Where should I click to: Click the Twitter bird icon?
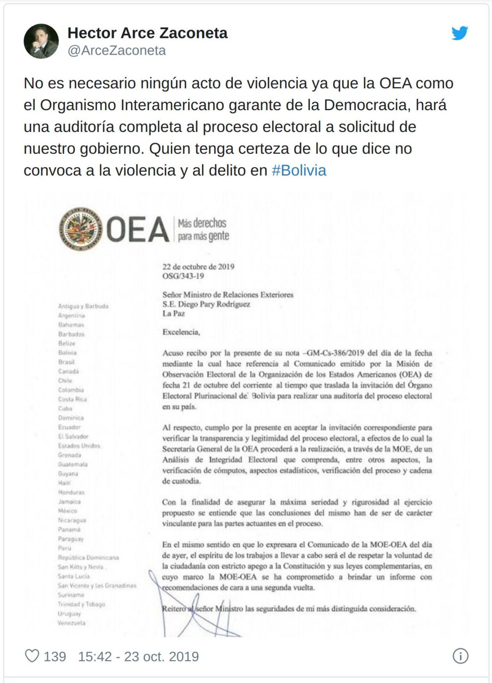[460, 33]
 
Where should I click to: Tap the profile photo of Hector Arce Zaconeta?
[41, 41]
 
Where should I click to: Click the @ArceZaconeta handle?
[117, 50]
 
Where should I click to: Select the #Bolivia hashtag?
[299, 170]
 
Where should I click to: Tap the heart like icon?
[32, 656]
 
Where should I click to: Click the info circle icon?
[460, 656]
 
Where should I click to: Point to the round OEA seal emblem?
[80, 229]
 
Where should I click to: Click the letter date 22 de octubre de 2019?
[198, 267]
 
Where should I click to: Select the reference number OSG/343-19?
[183, 276]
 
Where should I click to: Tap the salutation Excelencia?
[181, 332]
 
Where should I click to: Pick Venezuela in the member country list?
[72, 623]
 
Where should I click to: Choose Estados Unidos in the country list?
[79, 446]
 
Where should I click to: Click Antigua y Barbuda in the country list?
[83, 306]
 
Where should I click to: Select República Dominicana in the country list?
[88, 557]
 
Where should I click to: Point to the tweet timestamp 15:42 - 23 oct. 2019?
[138, 656]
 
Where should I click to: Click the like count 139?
[55, 656]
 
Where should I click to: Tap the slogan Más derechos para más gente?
[203, 229]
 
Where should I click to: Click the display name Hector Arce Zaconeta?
[147, 33]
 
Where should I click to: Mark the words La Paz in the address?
[173, 314]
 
